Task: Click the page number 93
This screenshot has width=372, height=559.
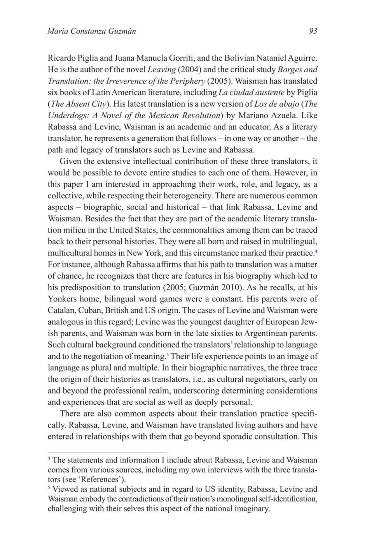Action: click(313, 31)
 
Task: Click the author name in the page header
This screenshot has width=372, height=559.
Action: click(91, 31)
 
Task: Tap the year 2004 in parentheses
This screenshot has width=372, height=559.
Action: click(188, 70)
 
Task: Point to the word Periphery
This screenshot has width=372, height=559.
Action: click(187, 81)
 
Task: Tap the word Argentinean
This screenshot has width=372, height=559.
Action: click(265, 333)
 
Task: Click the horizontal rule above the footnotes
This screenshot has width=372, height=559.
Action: click(107, 453)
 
